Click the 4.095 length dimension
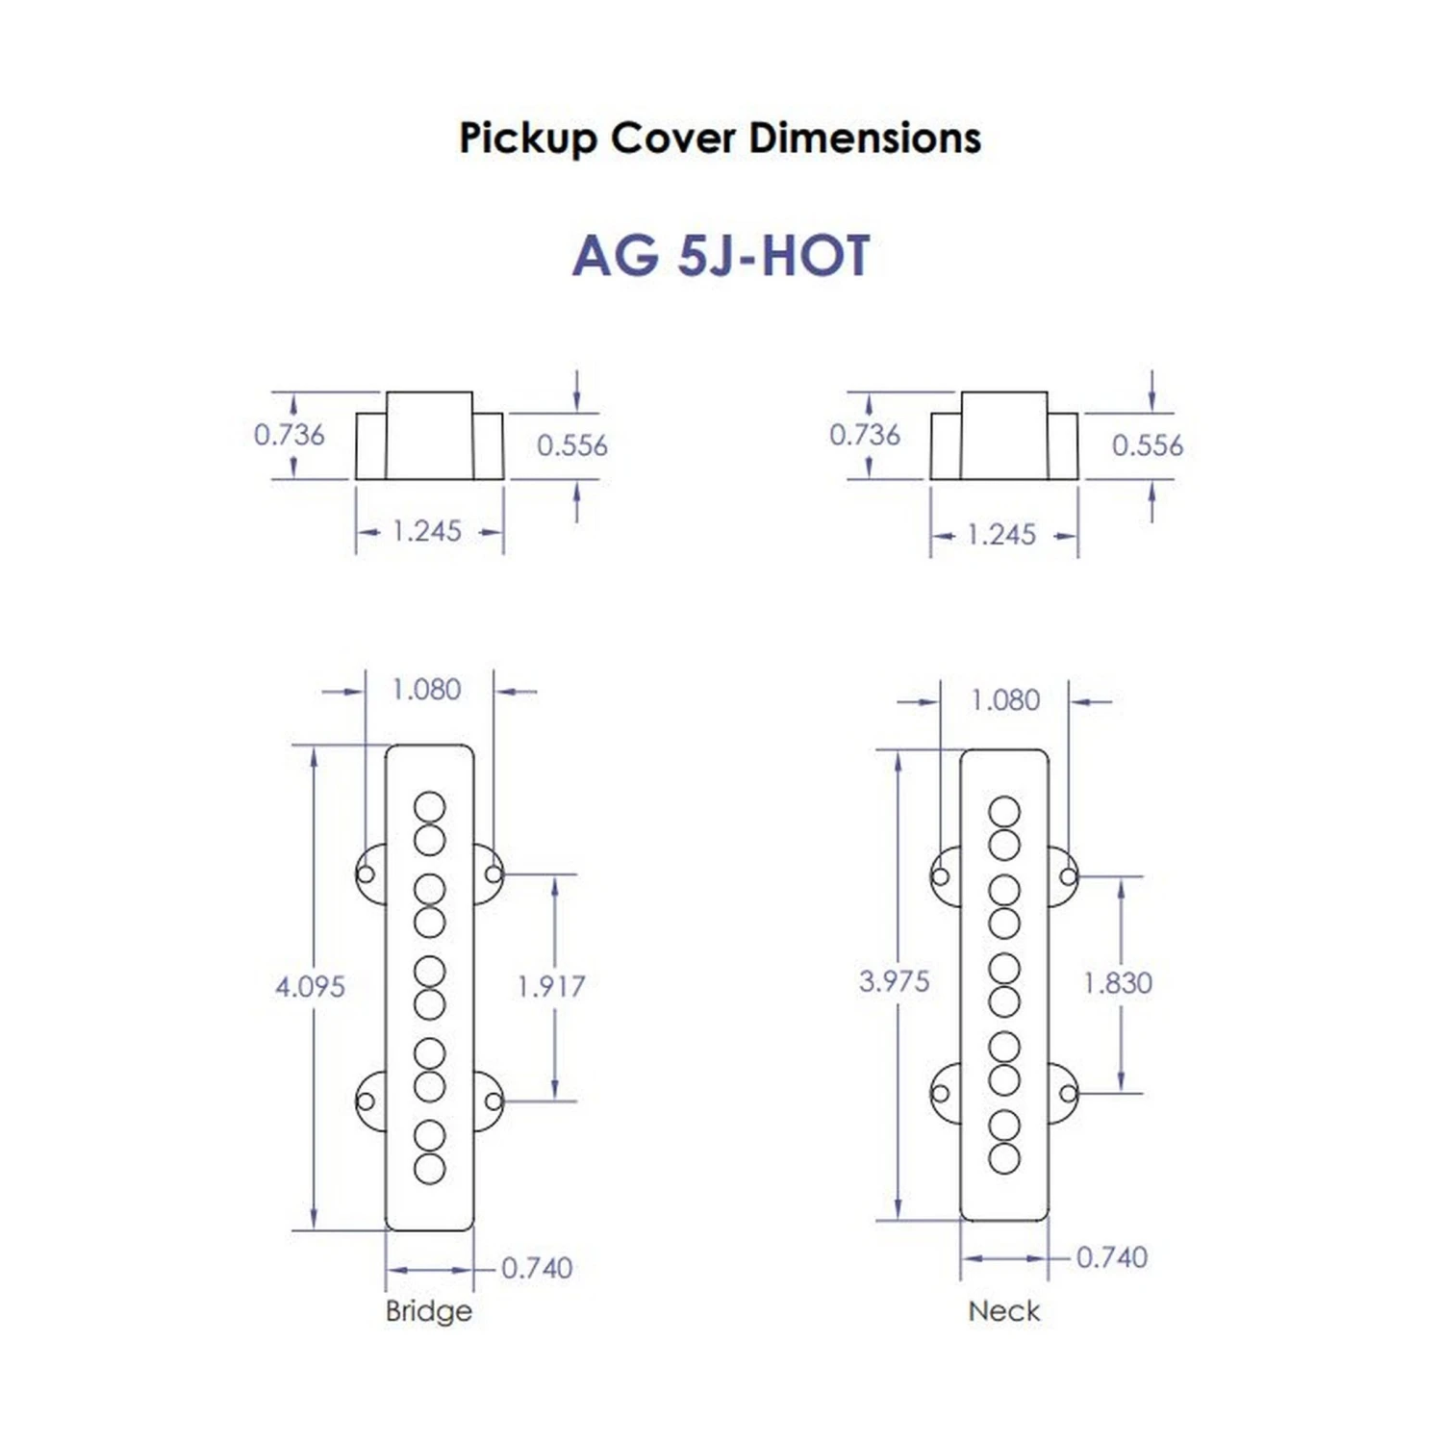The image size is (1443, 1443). [x=310, y=986]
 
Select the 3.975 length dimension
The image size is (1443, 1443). [x=894, y=981]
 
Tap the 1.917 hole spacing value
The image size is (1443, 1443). [x=550, y=986]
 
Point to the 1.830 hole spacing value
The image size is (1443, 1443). [x=1117, y=982]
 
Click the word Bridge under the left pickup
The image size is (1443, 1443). [x=428, y=1310]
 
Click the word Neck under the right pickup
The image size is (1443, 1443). [x=1003, y=1310]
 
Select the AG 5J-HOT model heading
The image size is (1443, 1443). [x=721, y=256]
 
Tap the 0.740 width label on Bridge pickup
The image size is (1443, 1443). [x=537, y=1268]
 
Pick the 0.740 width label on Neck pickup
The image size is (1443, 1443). [x=1111, y=1257]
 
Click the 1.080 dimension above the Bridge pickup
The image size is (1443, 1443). [x=426, y=690]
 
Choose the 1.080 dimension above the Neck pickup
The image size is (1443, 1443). [x=1005, y=700]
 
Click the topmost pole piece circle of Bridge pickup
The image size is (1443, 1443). [x=429, y=807]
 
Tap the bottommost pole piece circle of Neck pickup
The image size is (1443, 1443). [x=1003, y=1158]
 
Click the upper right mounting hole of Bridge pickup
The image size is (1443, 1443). [x=493, y=873]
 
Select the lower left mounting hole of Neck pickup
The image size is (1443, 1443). [x=940, y=1093]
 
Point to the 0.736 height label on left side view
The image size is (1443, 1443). [x=289, y=435]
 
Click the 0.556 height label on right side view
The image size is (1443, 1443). [x=1147, y=445]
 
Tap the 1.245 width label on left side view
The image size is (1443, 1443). [x=427, y=531]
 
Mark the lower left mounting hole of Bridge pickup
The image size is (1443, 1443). [x=366, y=1101]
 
